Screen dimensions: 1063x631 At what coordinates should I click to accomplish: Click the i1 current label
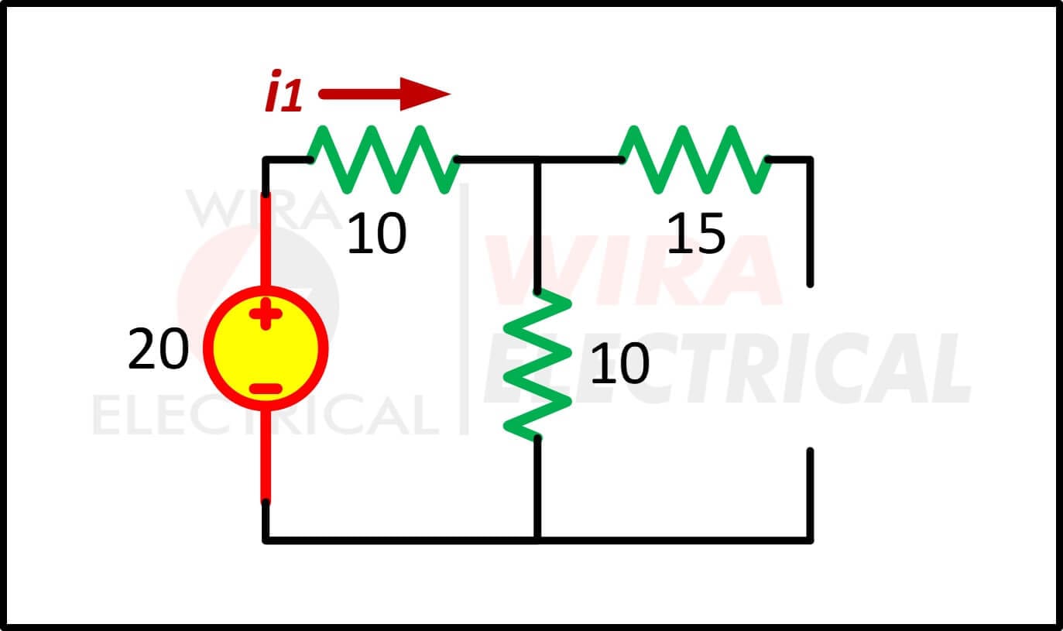click(x=283, y=91)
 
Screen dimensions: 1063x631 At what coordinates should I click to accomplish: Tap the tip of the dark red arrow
click(x=451, y=94)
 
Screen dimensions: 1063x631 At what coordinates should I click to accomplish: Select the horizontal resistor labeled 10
click(x=383, y=159)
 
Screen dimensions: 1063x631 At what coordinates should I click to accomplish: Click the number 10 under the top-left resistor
click(x=377, y=233)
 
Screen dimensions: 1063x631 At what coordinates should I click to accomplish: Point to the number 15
click(x=696, y=233)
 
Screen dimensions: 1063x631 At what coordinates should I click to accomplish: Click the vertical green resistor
click(x=537, y=365)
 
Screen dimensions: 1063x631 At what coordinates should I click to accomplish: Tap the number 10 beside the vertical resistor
click(x=620, y=363)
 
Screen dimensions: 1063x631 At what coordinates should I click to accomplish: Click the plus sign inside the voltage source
click(x=266, y=314)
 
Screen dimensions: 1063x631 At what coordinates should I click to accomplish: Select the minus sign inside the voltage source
click(x=266, y=389)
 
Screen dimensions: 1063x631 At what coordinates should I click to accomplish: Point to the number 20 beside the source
click(x=158, y=348)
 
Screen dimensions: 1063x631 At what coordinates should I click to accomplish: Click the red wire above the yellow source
click(x=266, y=239)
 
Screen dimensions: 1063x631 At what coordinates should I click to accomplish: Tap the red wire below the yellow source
click(x=266, y=455)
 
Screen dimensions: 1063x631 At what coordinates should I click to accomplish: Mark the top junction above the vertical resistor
click(x=537, y=160)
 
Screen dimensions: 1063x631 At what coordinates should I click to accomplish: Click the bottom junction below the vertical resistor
click(x=537, y=540)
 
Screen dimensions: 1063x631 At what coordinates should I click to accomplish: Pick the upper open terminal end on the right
click(x=810, y=284)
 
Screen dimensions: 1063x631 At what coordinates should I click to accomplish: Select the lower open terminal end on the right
click(x=810, y=451)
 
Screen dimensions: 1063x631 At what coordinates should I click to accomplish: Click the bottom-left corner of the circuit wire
click(x=266, y=540)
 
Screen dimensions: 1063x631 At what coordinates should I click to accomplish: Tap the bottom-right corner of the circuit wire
click(x=810, y=540)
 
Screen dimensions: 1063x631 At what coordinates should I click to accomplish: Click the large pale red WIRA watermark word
click(x=633, y=270)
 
